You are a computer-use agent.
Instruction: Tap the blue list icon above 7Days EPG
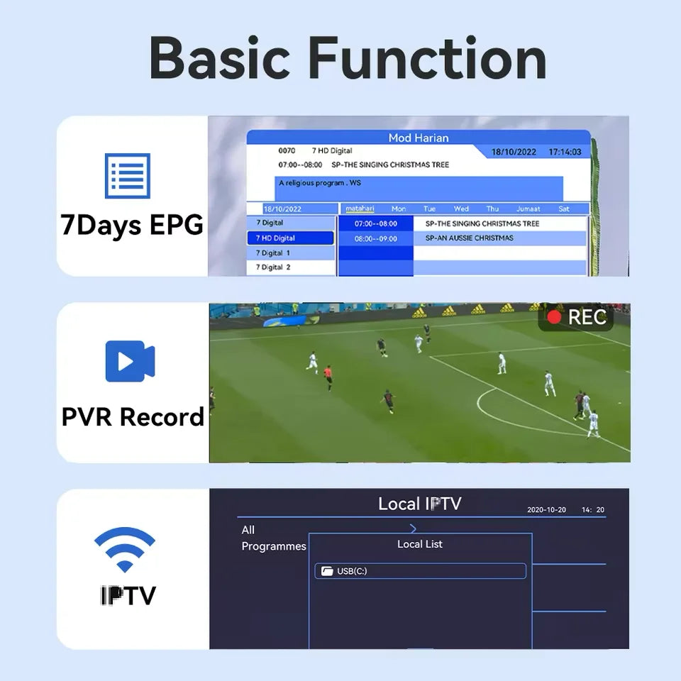128,176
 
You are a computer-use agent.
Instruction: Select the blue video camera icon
130,362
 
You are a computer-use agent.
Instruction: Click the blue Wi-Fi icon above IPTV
124,548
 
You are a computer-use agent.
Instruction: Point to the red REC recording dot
554,317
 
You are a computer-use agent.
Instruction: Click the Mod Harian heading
419,138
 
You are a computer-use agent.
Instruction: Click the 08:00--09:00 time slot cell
376,238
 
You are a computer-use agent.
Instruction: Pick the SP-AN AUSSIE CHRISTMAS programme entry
469,238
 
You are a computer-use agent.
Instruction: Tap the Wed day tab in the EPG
461,209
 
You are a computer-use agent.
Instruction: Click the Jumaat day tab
528,209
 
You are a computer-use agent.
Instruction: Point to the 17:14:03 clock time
565,152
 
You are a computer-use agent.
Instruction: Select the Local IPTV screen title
419,504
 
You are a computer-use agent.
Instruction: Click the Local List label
419,544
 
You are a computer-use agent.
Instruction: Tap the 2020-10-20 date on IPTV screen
546,510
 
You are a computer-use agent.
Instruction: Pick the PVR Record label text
133,417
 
